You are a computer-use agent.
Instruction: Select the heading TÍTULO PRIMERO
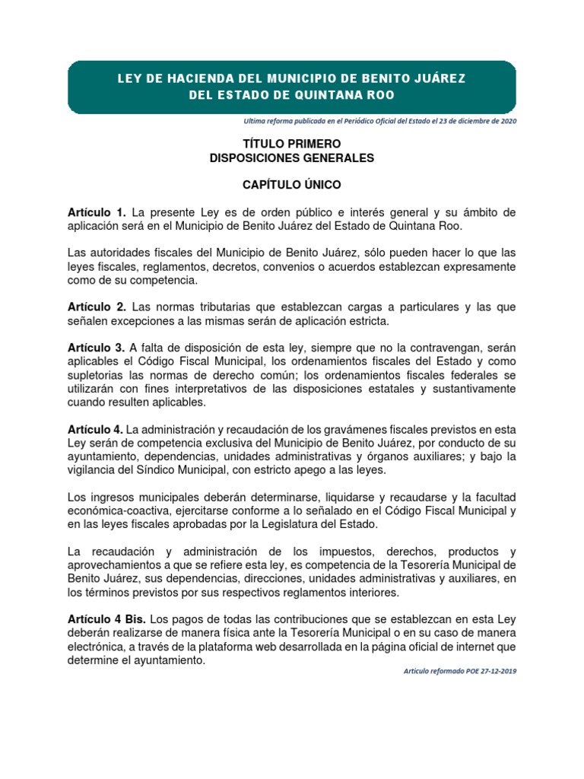[x=292, y=143]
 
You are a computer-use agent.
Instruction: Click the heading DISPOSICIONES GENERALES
[x=292, y=158]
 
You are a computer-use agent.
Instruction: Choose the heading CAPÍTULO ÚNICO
[x=292, y=185]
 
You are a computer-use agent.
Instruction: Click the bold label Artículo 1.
[x=97, y=212]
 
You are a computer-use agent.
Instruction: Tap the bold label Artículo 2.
[x=97, y=307]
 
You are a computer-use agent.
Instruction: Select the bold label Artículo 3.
[x=97, y=348]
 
